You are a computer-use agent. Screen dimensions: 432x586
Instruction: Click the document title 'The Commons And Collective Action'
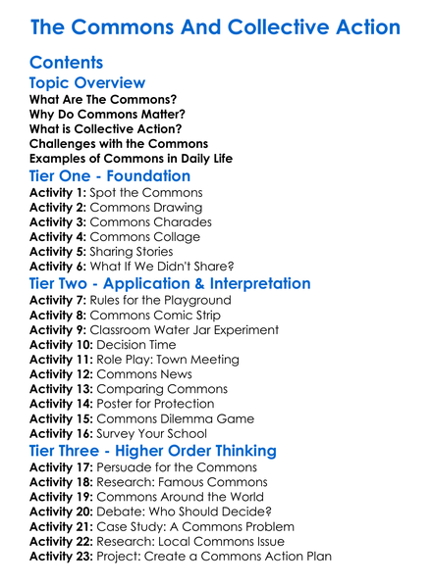pos(215,26)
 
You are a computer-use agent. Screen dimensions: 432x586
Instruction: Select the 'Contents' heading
pos(67,63)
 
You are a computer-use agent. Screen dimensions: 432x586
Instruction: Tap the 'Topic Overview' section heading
pos(87,83)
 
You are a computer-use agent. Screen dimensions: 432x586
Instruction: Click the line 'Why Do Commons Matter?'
pos(107,114)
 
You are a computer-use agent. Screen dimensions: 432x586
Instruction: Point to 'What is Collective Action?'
pos(105,128)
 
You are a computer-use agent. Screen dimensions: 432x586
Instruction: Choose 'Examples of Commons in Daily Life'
pos(131,157)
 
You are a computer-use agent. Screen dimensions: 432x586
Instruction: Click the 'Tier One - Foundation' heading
pos(110,176)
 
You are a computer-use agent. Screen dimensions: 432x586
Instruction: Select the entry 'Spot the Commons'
pos(146,193)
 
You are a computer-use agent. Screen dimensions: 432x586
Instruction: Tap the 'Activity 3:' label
pos(58,222)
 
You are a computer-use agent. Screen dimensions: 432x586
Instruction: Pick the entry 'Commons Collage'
pos(144,237)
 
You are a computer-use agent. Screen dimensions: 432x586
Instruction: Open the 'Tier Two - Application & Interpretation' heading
pos(170,284)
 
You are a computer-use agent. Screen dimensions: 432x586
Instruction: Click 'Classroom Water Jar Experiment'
pos(184,330)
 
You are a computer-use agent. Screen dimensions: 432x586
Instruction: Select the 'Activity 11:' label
pos(62,360)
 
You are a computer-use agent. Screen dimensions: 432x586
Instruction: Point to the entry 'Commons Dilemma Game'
pos(173,418)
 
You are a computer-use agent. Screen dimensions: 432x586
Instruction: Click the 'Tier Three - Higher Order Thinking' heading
pos(153,451)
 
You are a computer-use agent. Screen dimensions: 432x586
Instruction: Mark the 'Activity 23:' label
pos(62,556)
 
